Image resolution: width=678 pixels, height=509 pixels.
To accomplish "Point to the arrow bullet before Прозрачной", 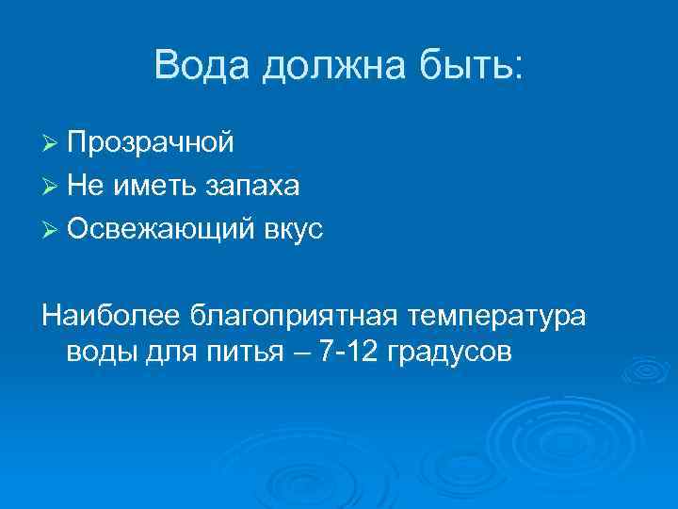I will point(52,143).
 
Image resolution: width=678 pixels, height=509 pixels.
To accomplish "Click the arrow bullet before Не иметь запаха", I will point(52,187).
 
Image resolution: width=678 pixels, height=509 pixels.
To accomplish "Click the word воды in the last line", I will point(103,353).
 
